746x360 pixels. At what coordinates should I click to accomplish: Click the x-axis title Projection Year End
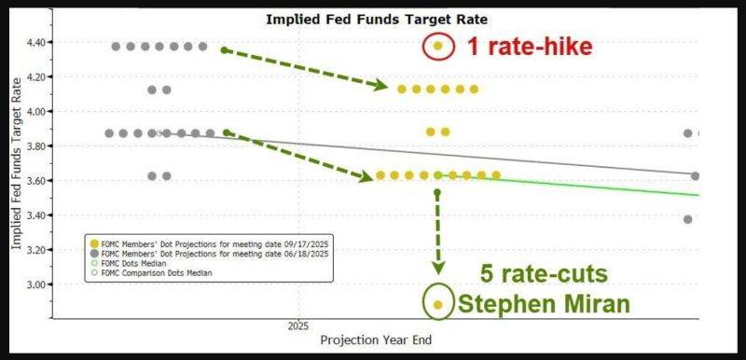coord(376,340)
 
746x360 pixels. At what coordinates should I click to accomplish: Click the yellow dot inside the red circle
coord(438,46)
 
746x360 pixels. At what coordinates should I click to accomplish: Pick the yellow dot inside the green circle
coord(438,304)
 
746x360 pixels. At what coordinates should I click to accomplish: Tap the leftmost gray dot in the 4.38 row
coord(117,46)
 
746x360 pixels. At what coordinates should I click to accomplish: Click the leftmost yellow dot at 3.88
coord(431,132)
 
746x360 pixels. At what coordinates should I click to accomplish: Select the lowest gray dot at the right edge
coord(688,219)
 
